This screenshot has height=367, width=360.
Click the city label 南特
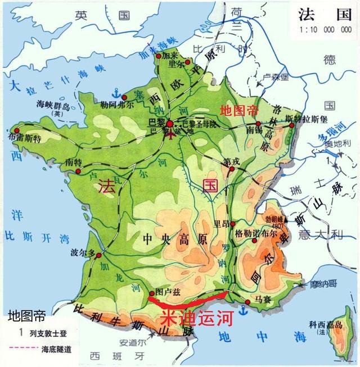tap(74, 162)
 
